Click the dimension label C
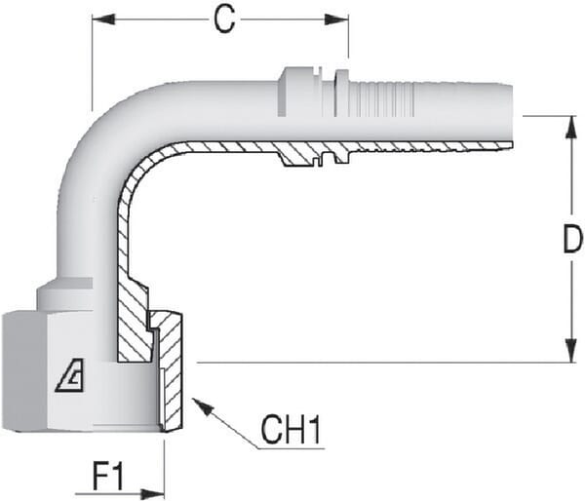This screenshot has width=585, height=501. tap(225, 19)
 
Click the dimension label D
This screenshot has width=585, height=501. tap(572, 240)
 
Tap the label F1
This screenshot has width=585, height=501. tap(108, 477)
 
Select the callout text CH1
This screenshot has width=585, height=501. tap(291, 430)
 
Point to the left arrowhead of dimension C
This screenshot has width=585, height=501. tap(103, 19)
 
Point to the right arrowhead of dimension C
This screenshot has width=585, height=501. tap(336, 19)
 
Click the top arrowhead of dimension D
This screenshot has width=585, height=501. tap(571, 128)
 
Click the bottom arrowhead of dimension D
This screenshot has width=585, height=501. tap(571, 350)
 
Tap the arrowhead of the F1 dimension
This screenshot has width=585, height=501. tap(152, 493)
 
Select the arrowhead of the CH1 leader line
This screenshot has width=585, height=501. tap(201, 406)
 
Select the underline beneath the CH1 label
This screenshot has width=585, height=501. tap(291, 448)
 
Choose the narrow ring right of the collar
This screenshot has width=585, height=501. tap(341, 94)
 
